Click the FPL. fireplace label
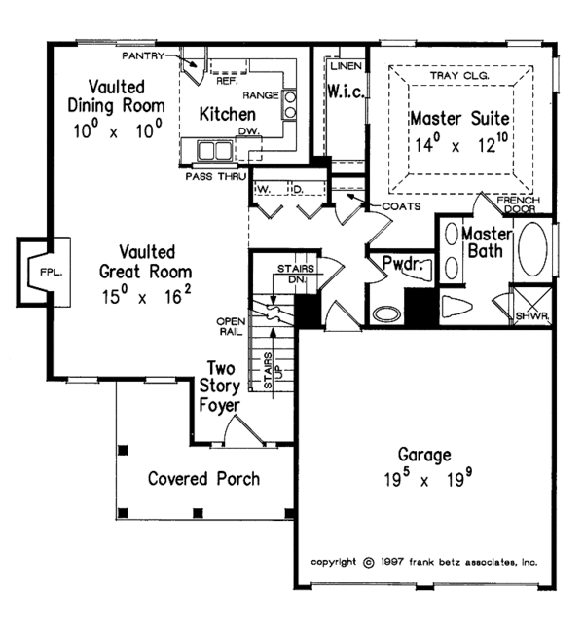click(50, 274)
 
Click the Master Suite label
click(458, 120)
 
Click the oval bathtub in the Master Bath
click(531, 251)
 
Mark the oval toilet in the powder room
click(386, 314)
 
